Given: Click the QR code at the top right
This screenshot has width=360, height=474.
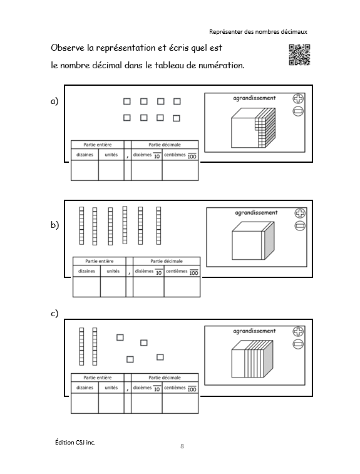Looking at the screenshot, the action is [299, 54].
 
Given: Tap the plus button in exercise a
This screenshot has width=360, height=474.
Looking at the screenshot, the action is [298, 98].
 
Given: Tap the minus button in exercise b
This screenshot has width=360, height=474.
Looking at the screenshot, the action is [300, 226].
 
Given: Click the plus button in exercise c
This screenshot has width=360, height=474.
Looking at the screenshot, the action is [298, 332].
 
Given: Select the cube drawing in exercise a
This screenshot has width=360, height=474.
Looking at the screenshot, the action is [254, 128].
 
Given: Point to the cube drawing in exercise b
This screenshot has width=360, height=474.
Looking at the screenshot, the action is [254, 240].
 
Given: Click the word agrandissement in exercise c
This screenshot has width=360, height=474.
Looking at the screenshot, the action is [255, 331].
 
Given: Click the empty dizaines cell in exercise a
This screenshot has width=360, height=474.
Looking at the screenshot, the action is [85, 170].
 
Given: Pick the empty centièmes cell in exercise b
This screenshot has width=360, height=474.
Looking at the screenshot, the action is [182, 287].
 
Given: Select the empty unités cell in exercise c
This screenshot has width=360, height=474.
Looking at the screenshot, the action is [111, 403].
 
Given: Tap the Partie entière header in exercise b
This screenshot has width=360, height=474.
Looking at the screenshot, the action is [100, 261].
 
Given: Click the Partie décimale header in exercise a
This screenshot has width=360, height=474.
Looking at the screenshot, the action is [165, 145].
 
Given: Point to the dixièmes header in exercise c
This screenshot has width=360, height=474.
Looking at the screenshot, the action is [147, 388].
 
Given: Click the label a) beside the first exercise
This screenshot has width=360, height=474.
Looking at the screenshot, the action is [54, 101].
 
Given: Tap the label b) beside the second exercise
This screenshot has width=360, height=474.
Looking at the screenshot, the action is [54, 225].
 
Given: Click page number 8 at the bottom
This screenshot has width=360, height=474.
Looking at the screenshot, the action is [182, 446].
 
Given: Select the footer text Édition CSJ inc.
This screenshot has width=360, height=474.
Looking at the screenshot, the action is [75, 442].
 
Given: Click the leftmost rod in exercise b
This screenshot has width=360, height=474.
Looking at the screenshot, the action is [81, 226].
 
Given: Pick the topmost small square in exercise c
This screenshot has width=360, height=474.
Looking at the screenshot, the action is [120, 337].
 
